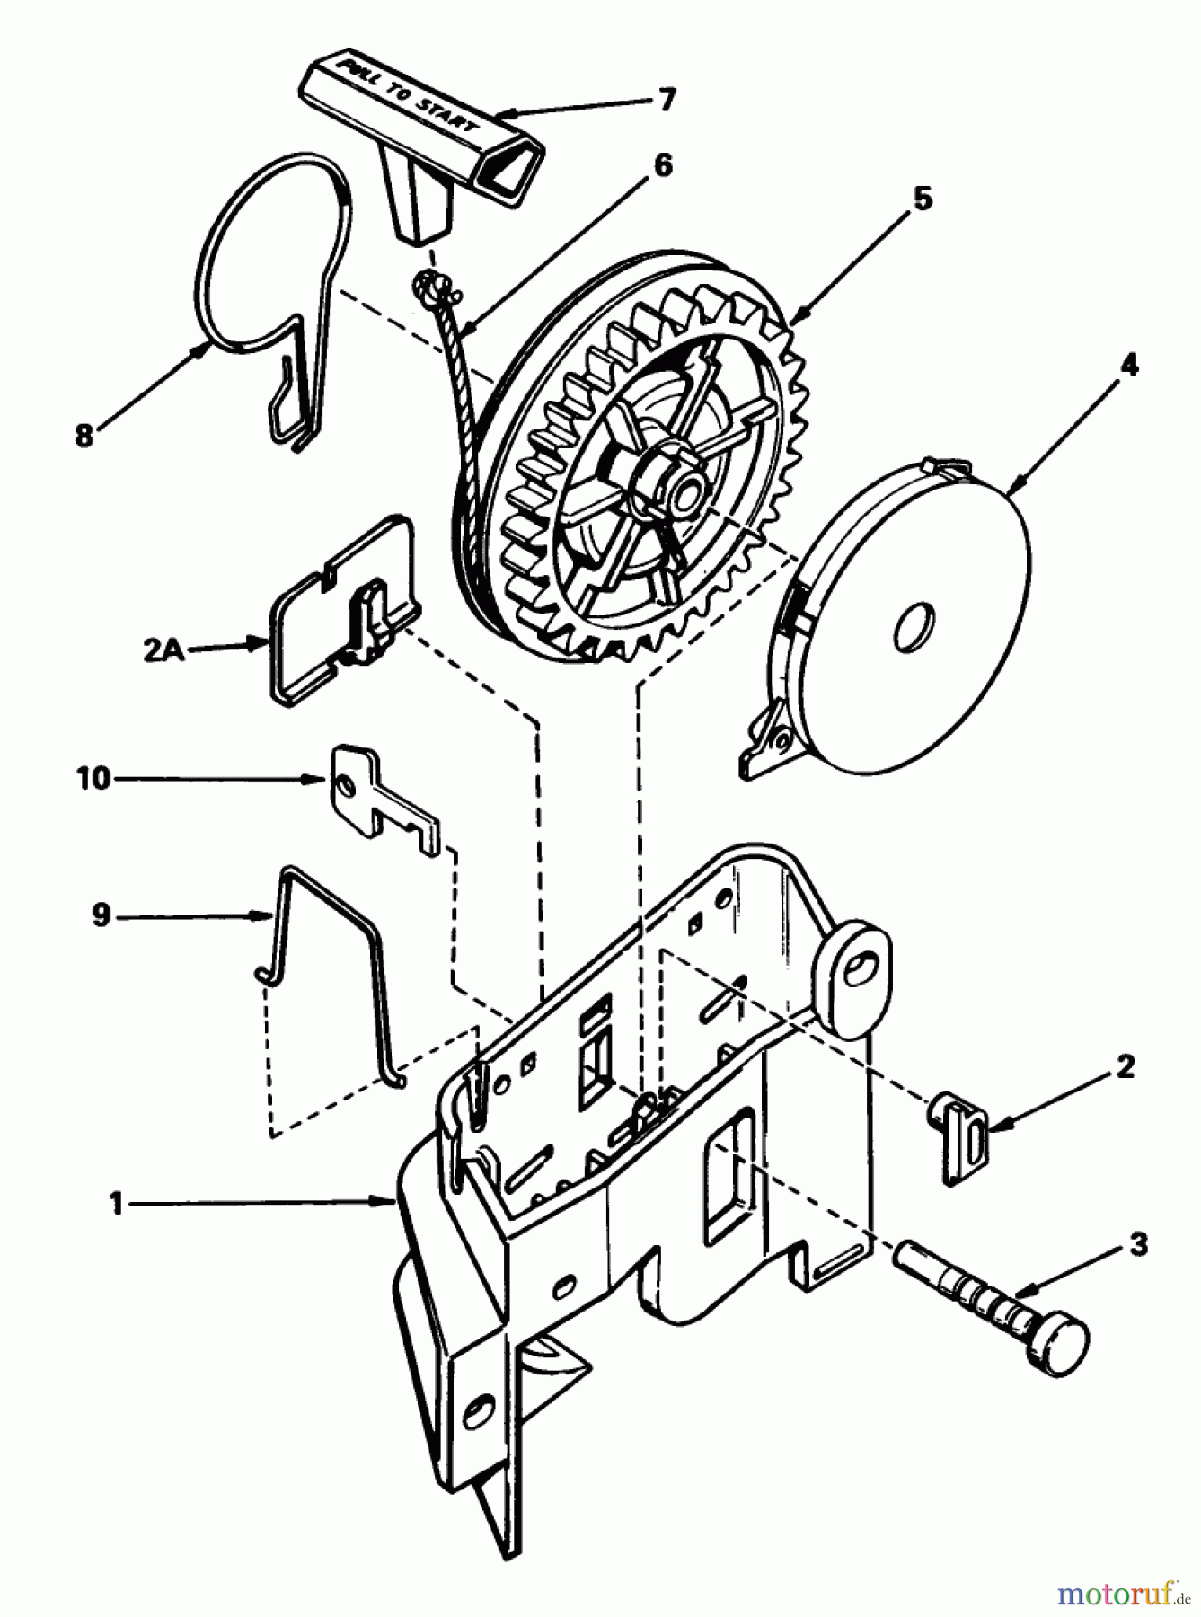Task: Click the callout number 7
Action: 665,99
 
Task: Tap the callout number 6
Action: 663,167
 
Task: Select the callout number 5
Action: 923,198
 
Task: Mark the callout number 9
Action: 101,915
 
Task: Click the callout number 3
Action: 1139,1246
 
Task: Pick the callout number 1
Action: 116,1203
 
